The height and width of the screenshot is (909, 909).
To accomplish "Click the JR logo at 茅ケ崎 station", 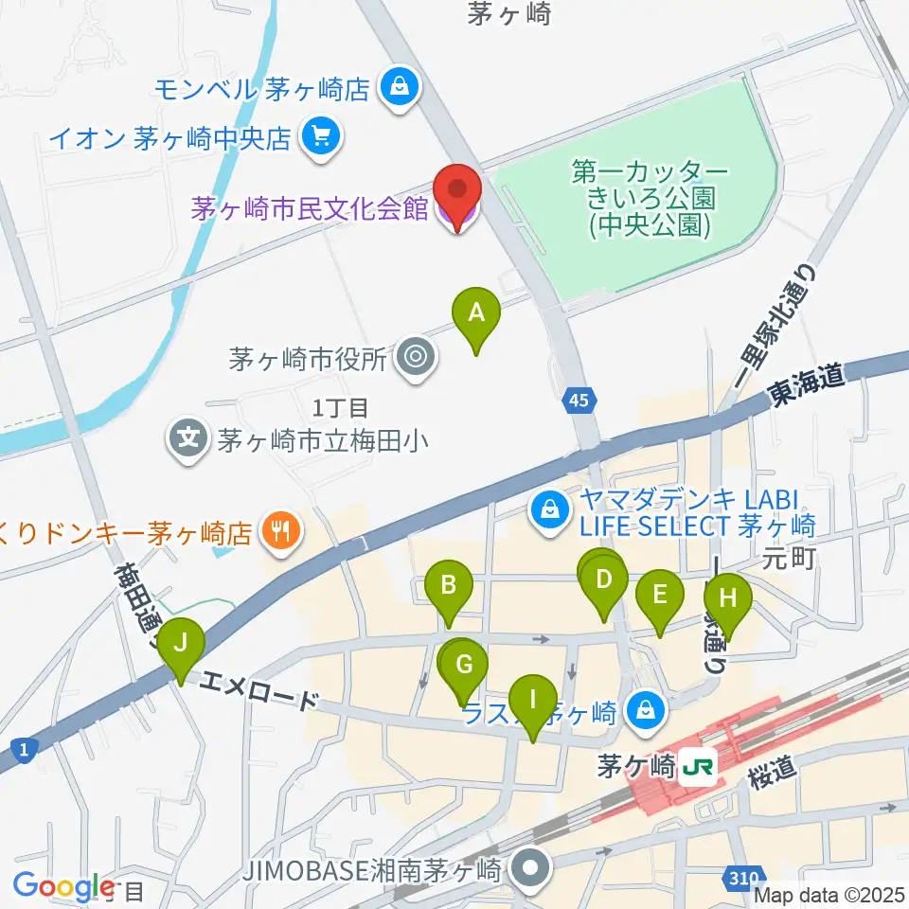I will click(x=701, y=763).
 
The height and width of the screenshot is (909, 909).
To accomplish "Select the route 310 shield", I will click(x=745, y=880).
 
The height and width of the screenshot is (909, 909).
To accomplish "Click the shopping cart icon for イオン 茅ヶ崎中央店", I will click(x=321, y=138).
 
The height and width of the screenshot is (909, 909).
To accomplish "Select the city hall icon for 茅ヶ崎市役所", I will click(x=414, y=359).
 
